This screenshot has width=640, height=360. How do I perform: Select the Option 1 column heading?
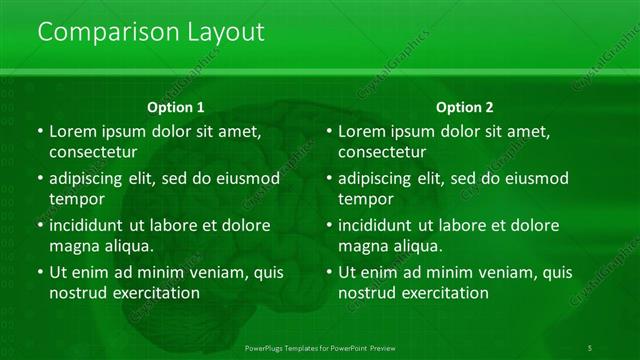176,107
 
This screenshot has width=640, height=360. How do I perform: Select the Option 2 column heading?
465,107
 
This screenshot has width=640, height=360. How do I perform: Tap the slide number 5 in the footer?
590,348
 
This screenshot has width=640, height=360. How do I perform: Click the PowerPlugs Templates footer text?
319,348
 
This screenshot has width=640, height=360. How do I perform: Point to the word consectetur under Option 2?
382,152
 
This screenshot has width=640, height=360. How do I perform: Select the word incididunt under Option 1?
92,225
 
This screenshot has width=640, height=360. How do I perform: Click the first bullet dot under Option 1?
39,132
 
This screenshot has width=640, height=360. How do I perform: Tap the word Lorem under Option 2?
361,131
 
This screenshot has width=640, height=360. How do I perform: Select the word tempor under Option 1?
75,199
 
